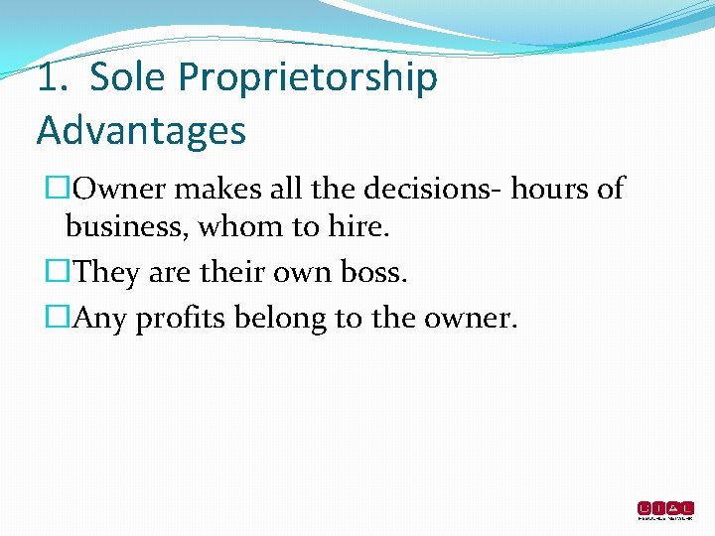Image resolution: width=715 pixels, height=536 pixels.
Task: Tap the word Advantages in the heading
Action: pos(141,130)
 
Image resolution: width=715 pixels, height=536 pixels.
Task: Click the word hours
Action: pos(545,188)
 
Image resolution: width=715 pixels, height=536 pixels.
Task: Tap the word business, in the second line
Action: pos(127,228)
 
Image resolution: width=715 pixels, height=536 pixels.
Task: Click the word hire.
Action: pos(358,228)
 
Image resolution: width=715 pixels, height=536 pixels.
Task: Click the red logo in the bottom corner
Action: pos(665,510)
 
